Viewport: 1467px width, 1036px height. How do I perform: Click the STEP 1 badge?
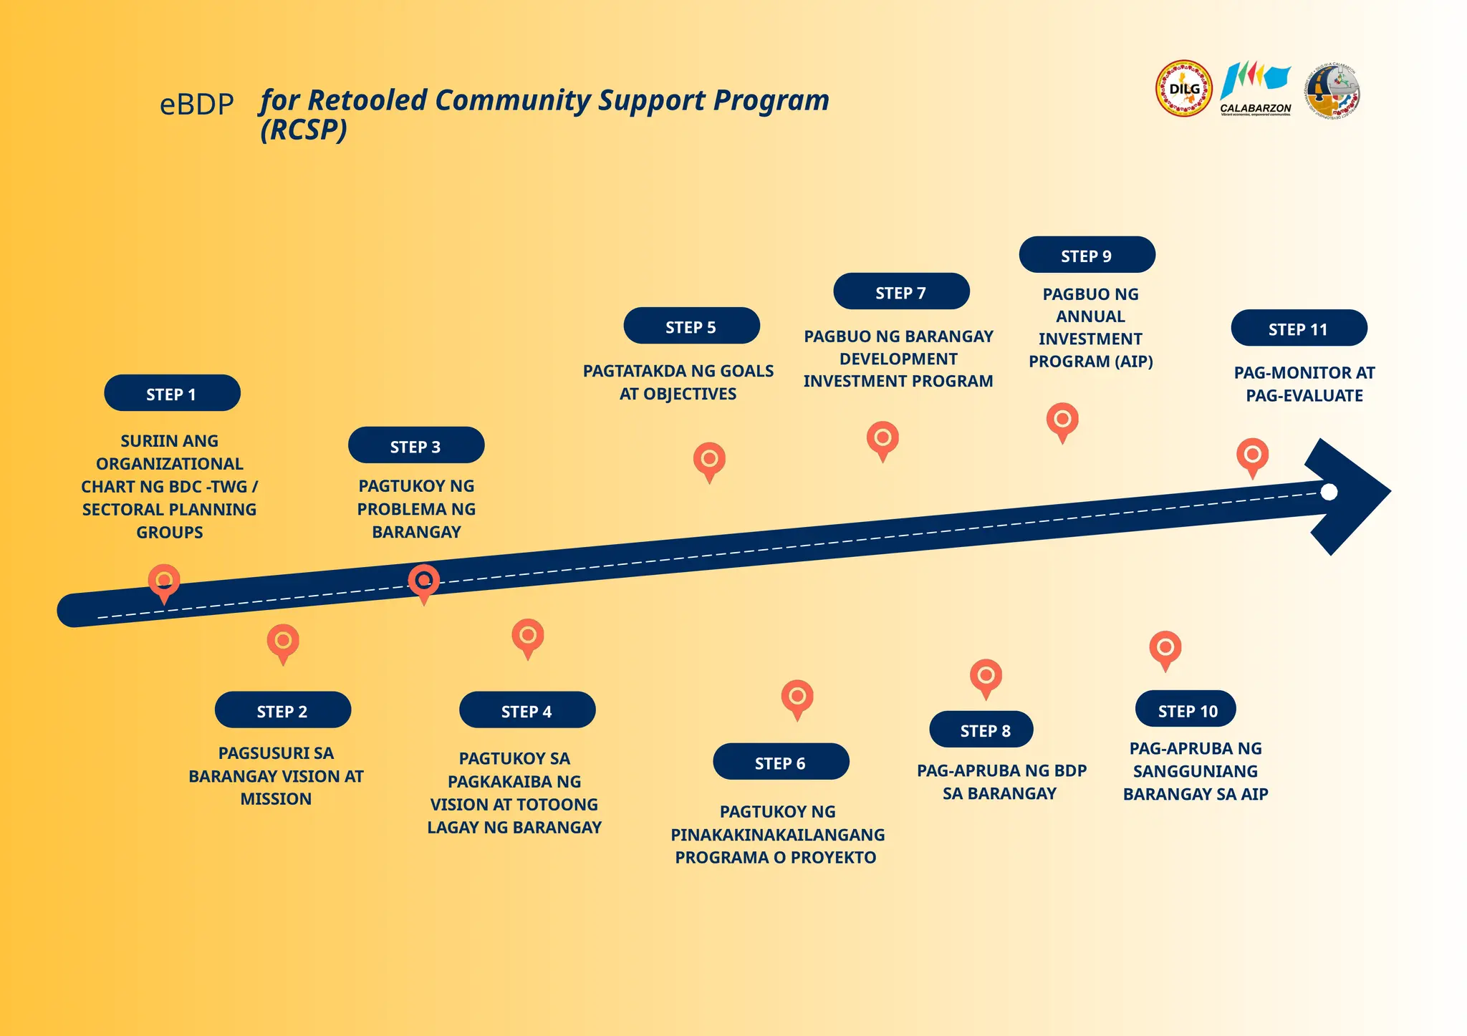point(172,393)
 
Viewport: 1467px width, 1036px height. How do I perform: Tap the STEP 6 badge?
point(781,762)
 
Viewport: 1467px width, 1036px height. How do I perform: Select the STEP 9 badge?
point(1087,255)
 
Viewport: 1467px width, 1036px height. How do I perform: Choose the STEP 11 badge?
point(1299,329)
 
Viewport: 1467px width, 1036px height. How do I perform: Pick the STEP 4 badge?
point(527,710)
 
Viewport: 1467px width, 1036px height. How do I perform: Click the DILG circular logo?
point(1184,89)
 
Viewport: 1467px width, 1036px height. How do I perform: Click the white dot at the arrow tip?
point(1329,492)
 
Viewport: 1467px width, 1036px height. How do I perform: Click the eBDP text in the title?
point(197,105)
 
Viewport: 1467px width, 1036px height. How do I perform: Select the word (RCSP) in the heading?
point(304,130)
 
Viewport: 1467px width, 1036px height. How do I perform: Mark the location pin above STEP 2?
point(283,642)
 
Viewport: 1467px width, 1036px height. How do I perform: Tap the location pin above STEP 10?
point(1165,649)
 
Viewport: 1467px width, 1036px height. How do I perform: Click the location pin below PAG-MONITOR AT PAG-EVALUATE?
point(1253,456)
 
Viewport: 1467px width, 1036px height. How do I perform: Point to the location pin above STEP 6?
point(797,698)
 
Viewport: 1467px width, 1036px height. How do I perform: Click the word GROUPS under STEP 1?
point(170,533)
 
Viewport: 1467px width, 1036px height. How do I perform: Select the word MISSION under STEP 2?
point(276,799)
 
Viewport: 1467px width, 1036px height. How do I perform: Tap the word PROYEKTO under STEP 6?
point(833,858)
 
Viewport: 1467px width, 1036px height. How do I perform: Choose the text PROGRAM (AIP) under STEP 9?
point(1091,362)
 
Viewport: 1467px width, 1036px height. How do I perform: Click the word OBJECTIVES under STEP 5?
point(689,394)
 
